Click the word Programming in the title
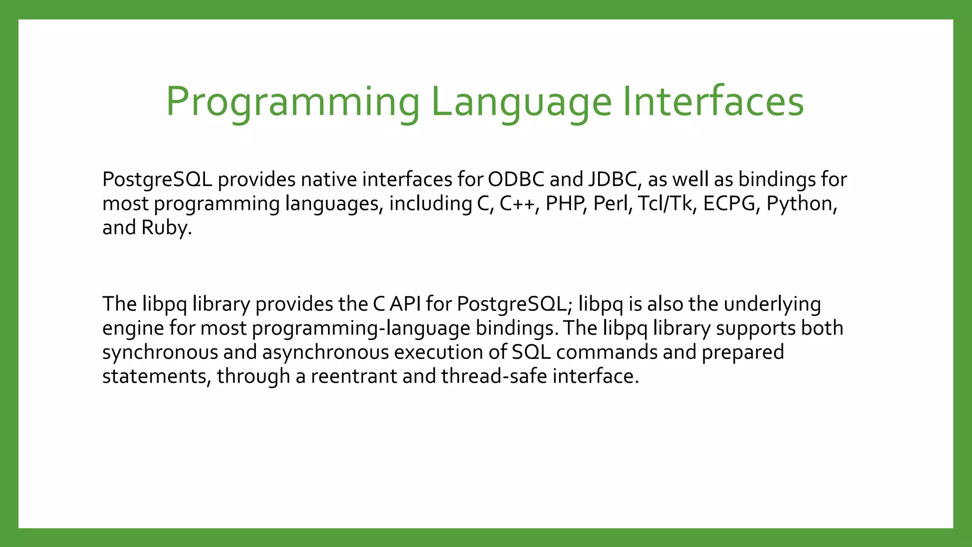292,102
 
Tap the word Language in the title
521,102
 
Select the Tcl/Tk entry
666,204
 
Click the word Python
800,204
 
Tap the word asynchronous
325,352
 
